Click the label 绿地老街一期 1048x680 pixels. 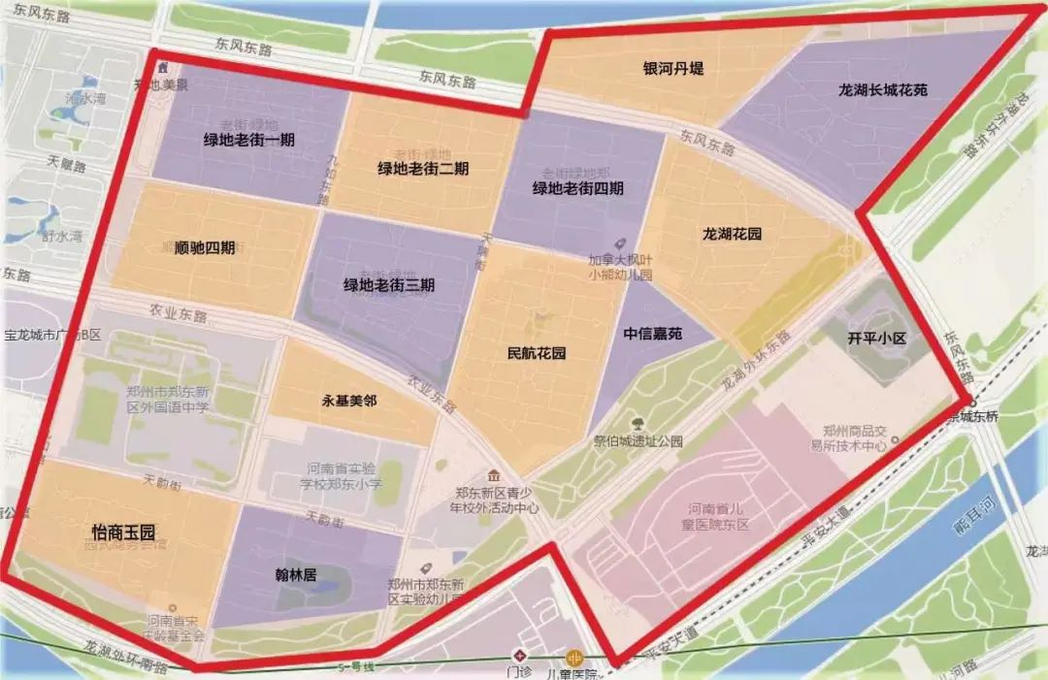pos(249,140)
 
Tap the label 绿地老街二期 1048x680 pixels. pos(423,168)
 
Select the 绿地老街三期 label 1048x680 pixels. pos(389,285)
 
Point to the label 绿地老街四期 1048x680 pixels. pos(577,188)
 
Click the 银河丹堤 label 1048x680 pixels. pos(672,69)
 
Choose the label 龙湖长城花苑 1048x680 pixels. pos(883,90)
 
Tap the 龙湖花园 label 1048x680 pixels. pos(732,234)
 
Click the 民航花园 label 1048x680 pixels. pos(537,353)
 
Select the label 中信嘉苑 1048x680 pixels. pos(652,334)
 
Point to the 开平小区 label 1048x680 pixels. pos(876,339)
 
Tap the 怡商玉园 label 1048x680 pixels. pos(123,532)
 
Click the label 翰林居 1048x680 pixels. pos(297,574)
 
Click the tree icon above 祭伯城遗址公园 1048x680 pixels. pos(638,423)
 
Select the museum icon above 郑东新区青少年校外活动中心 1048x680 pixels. pos(495,475)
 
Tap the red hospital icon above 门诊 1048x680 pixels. pos(521,653)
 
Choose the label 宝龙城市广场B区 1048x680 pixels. pos(53,336)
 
